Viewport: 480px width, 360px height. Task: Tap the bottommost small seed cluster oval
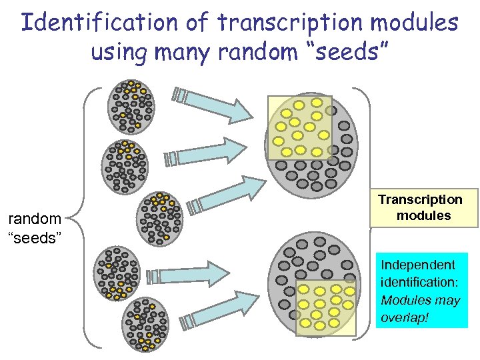pos(147,325)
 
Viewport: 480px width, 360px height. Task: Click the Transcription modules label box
pos(420,208)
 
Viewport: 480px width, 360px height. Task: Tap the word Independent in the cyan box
pos(417,265)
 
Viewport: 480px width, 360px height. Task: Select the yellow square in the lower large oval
pos(326,306)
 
